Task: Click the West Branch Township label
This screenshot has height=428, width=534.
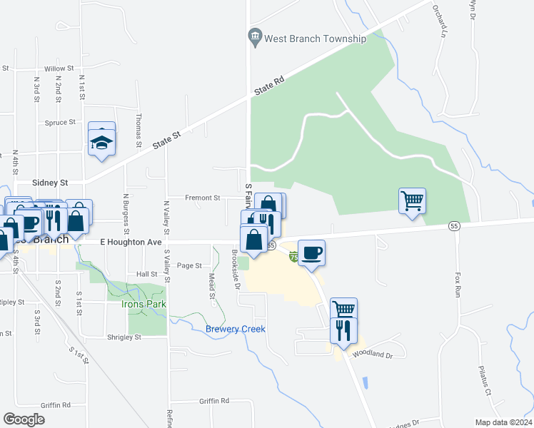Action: point(314,39)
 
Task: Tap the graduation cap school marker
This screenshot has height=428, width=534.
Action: point(102,140)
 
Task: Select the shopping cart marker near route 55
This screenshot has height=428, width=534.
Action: point(413,201)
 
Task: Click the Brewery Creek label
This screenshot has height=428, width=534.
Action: point(236,329)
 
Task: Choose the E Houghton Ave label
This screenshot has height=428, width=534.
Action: point(131,243)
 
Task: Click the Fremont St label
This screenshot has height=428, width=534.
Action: point(203,198)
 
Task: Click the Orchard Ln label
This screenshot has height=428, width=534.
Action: point(443,21)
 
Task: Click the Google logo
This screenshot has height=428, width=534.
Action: point(24,419)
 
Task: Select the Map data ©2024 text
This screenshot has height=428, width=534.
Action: point(503,422)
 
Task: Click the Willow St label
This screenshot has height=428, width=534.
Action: point(59,68)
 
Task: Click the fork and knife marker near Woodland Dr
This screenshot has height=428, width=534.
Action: point(343,332)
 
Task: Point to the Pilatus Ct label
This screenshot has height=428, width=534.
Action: point(484,382)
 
